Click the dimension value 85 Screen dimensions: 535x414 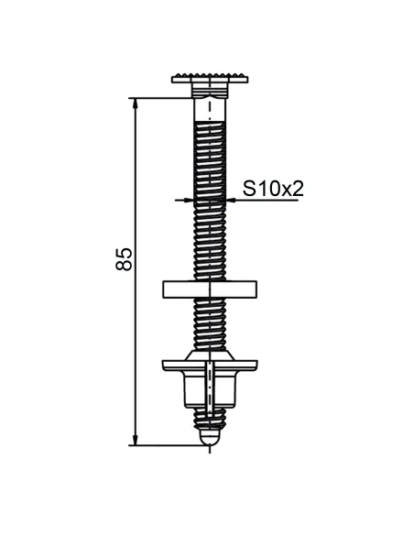point(125,258)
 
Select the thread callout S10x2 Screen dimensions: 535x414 point(272,189)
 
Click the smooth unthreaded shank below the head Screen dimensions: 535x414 point(210,110)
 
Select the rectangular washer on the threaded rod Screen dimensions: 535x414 point(210,289)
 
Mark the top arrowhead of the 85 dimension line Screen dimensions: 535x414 point(136,102)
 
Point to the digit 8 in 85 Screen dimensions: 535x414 point(125,266)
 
